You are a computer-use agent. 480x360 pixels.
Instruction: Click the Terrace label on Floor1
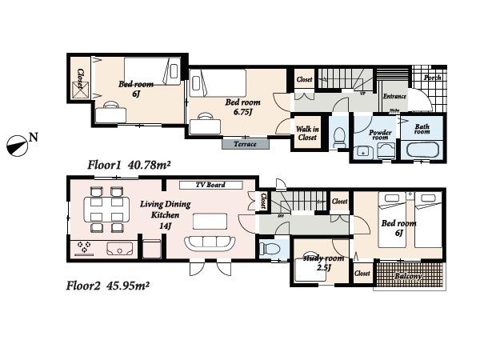pos(245,144)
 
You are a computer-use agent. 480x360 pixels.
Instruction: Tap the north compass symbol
pos(17,145)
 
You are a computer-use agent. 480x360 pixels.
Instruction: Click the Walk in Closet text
pos(307,133)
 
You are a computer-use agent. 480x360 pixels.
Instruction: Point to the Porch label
pos(431,78)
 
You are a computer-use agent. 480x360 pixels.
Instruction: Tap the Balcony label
pos(410,276)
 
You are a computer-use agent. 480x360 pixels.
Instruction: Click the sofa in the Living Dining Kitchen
pos(210,244)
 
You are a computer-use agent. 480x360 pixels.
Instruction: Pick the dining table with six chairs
pos(107,210)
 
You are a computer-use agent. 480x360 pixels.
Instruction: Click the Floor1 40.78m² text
pos(130,165)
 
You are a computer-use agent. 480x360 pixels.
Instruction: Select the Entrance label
pos(394,97)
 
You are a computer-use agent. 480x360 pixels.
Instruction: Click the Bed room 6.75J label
pos(242,107)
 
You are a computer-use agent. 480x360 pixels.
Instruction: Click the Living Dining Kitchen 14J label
pos(164,213)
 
